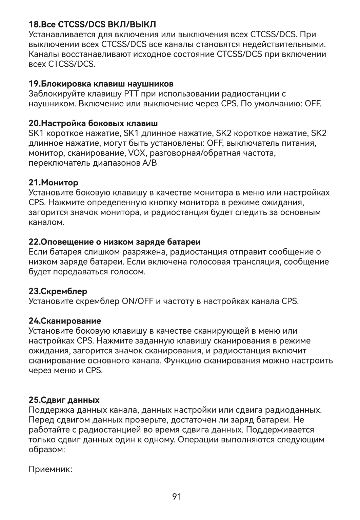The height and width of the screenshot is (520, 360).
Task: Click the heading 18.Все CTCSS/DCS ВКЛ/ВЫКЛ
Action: pos(92,25)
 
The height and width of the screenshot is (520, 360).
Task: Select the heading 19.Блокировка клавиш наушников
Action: pos(101,83)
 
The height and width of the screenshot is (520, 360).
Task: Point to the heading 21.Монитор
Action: pos(54,183)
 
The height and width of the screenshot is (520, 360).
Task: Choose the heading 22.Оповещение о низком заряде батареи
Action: pos(115,242)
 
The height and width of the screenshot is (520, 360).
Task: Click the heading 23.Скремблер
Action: pos(58,291)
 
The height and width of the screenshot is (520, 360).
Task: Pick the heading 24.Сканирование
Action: pos(65,320)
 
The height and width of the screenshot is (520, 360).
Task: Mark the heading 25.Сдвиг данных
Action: pos(64,400)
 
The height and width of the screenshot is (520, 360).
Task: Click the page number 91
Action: pos(177,497)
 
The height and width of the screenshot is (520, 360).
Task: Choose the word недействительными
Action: pos(285,44)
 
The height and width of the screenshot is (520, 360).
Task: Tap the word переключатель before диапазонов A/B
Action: pos(60,163)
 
